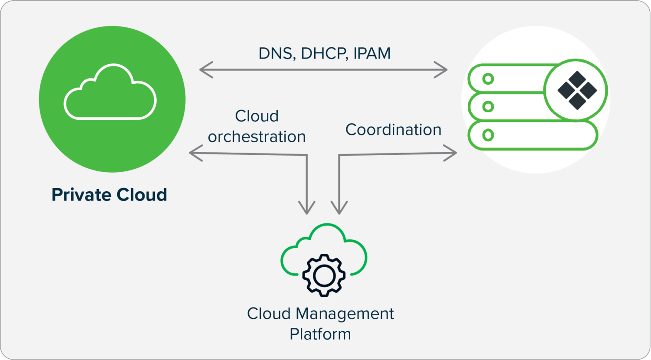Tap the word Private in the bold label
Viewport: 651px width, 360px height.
point(79,195)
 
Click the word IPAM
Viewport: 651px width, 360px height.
point(372,53)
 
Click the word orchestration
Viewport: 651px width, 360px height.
point(256,137)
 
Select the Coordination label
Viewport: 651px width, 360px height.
point(393,130)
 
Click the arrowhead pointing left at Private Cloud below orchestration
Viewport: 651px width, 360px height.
point(194,153)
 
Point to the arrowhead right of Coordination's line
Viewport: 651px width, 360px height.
point(452,153)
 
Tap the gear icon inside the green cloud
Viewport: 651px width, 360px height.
point(324,275)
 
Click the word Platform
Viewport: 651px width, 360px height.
point(320,334)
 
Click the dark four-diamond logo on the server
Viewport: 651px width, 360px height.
point(577,91)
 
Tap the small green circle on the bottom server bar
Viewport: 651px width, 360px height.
point(488,135)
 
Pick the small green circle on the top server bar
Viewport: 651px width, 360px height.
point(488,79)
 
